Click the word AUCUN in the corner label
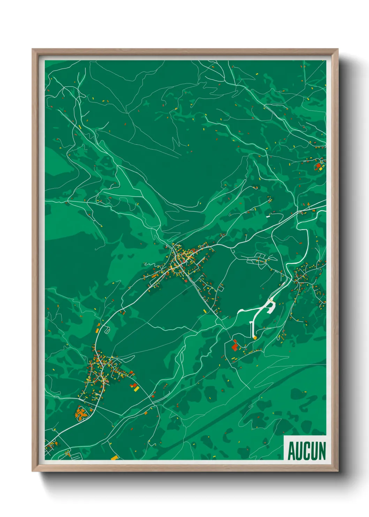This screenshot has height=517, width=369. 307,451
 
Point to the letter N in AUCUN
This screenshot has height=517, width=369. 322,451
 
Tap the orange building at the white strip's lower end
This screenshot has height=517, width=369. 255,338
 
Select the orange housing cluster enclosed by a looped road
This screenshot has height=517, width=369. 81,414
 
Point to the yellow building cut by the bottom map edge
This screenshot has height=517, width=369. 114,457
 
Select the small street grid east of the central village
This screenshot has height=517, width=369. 259,259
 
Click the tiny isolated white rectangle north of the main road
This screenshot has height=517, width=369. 268,217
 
